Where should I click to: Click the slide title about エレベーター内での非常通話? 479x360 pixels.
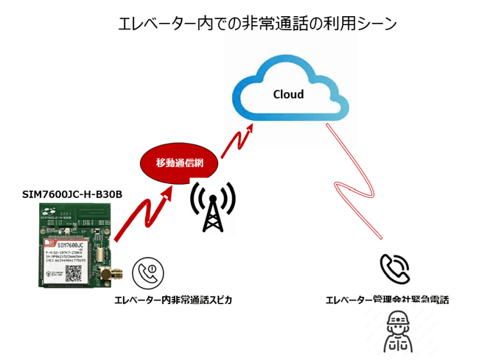point(257,24)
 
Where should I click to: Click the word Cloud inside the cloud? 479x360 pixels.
point(288,94)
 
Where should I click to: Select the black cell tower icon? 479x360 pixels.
point(212,205)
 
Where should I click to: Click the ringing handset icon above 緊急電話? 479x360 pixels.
point(395,270)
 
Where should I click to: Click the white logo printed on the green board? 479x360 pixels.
point(49,211)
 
